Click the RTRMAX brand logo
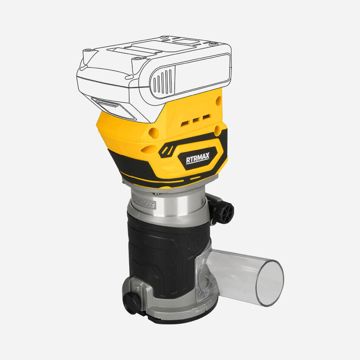pyautogui.click(x=197, y=158)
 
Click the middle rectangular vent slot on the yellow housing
pyautogui.click(x=195, y=120)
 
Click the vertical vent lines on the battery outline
pyautogui.click(x=163, y=81)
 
